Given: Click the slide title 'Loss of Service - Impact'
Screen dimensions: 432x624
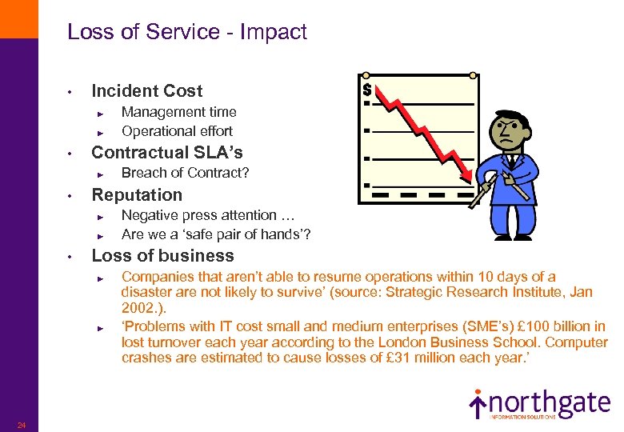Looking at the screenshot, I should point(187,32).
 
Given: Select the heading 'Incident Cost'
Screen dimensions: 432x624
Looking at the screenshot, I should point(147,91).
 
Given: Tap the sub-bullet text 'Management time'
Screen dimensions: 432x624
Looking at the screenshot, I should point(178,112).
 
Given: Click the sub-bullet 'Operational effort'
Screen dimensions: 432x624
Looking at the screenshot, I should point(177,130).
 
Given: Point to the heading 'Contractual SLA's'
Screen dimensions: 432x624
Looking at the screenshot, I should point(167,152).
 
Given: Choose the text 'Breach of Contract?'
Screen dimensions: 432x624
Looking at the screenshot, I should point(185,173).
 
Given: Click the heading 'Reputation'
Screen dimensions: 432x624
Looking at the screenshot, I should point(137,194).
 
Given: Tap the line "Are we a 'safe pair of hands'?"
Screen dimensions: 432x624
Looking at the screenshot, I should point(216,234).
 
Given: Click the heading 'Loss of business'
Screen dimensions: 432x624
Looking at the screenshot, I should point(162,256).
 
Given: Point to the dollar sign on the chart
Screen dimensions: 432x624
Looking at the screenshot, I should point(367,89).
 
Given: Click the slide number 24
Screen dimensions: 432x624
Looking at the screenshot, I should point(22,425).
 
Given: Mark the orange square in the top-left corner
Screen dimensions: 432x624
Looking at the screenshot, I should point(18,18).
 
